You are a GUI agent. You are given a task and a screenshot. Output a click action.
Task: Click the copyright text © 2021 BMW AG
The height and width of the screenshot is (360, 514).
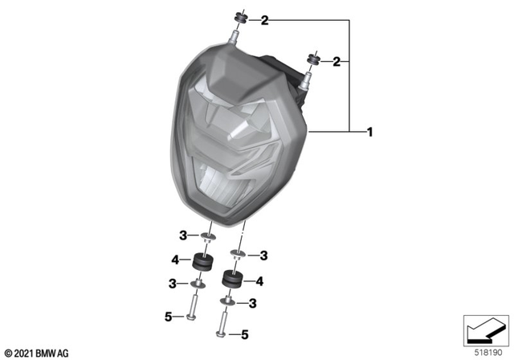[37, 352]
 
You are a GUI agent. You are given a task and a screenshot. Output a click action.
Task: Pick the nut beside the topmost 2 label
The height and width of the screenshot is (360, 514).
[239, 18]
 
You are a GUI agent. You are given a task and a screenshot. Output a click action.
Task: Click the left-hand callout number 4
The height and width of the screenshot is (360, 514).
[173, 259]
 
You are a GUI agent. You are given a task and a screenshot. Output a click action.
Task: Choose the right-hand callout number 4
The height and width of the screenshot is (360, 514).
[259, 281]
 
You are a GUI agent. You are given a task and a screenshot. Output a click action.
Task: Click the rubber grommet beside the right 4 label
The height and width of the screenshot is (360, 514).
[232, 280]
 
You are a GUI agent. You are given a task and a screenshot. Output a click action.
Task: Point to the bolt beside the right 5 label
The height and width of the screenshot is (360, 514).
[222, 325]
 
